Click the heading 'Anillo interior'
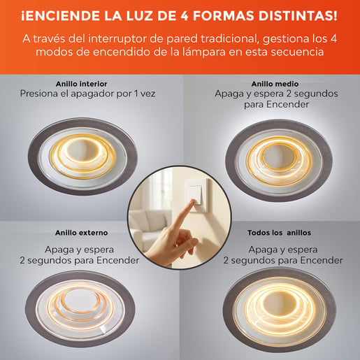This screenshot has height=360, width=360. (x=81, y=84)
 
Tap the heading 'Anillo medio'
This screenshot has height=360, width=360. (x=275, y=84)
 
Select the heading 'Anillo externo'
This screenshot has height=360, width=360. (x=81, y=233)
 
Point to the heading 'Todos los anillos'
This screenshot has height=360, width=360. (x=279, y=233)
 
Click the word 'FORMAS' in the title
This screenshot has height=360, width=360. (x=224, y=16)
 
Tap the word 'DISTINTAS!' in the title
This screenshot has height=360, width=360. (x=298, y=16)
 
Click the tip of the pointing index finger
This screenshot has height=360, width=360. (x=193, y=201)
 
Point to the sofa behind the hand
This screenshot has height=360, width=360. (x=149, y=229)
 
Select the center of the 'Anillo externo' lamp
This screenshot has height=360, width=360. (x=80, y=308)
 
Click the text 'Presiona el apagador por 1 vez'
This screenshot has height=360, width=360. (x=87, y=94)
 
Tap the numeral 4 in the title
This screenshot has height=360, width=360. (x=185, y=16)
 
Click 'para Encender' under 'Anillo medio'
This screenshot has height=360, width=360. (x=276, y=104)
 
